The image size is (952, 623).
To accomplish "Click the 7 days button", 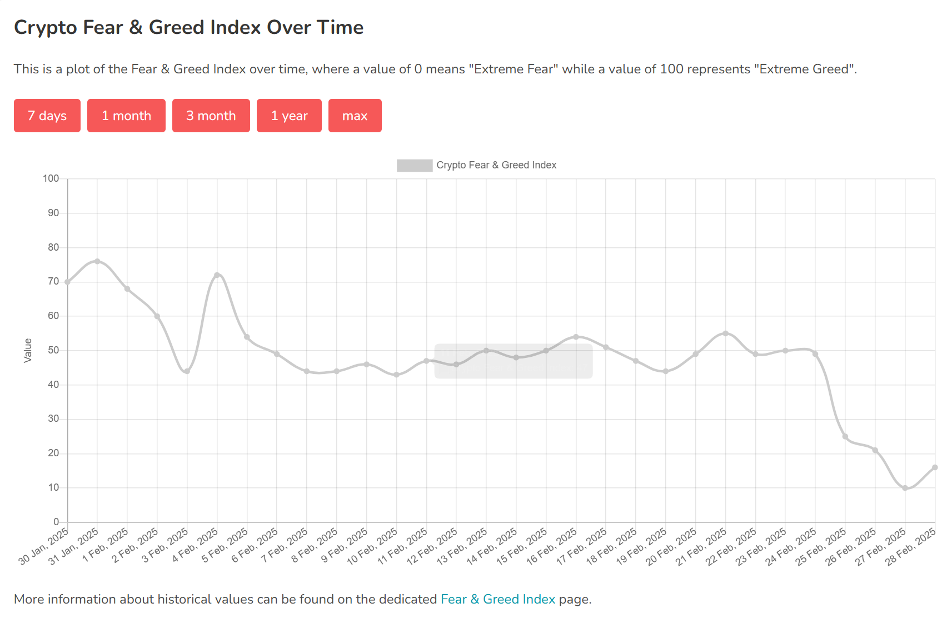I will click(47, 116).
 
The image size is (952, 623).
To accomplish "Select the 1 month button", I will click(126, 116).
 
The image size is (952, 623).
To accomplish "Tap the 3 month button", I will click(211, 116).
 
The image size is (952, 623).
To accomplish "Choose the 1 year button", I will click(289, 116).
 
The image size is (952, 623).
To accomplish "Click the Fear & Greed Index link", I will click(497, 599).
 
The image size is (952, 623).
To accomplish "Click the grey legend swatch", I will click(414, 165).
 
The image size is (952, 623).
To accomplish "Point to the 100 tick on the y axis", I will click(51, 178).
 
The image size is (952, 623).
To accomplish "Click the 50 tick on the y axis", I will click(53, 350).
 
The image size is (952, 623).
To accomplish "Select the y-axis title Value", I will click(28, 351).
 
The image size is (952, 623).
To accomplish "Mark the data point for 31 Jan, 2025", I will click(97, 261).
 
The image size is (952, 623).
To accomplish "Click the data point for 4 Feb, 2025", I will click(217, 275).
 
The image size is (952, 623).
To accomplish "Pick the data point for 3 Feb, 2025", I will click(187, 371).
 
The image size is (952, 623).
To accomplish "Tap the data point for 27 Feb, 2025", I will click(905, 488).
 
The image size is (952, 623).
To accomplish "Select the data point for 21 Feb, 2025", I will click(725, 333).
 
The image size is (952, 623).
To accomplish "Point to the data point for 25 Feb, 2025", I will click(845, 436).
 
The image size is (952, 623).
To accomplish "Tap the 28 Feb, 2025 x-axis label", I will click(910, 547).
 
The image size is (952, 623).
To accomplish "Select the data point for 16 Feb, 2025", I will click(576, 337).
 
